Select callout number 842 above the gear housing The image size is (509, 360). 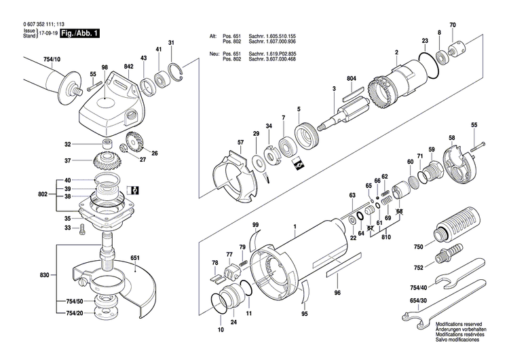point(128,66)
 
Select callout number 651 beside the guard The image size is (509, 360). point(134,257)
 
